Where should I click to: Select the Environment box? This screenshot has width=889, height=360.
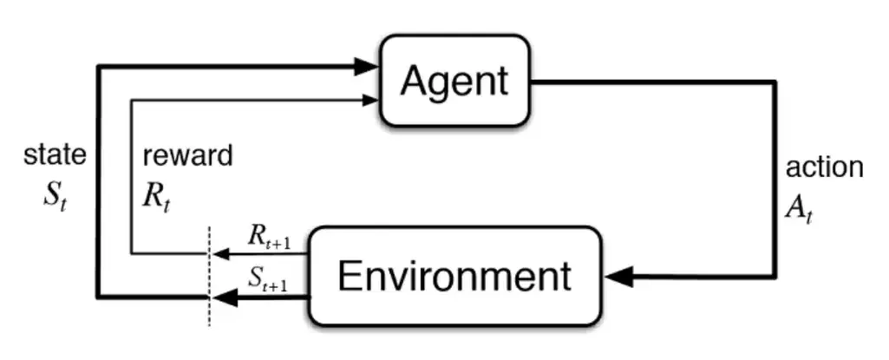coord(455,276)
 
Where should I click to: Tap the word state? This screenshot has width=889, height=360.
coord(54,155)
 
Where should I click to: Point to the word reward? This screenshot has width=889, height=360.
coord(187,156)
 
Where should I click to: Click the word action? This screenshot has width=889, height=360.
coord(824,167)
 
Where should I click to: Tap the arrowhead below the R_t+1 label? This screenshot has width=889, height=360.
coord(223,254)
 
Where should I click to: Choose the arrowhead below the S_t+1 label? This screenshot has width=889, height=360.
coord(226,298)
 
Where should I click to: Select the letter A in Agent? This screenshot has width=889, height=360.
coord(415,81)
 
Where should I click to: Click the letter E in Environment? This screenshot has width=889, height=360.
coord(349,276)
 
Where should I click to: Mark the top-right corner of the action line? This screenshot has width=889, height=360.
coord(775,83)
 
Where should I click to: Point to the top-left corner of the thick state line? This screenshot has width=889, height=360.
coord(99,66)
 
